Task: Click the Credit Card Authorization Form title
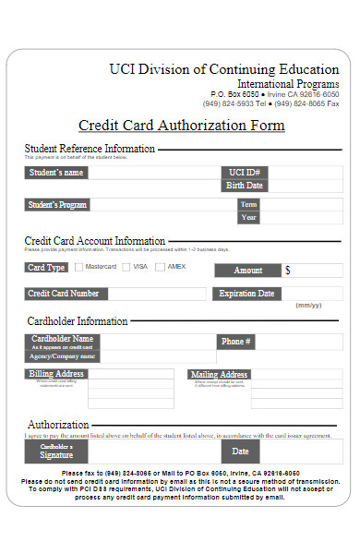181,126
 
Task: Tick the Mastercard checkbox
78,268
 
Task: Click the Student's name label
56,173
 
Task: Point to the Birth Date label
245,186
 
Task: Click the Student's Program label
58,205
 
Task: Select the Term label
248,205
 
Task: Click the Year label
248,218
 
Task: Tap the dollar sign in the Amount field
288,271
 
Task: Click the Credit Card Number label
64,294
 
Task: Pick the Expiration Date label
246,294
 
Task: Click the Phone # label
236,342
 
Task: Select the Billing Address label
56,375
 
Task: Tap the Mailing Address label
220,375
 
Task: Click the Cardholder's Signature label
56,452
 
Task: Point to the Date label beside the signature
240,452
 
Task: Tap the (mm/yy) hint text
308,306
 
